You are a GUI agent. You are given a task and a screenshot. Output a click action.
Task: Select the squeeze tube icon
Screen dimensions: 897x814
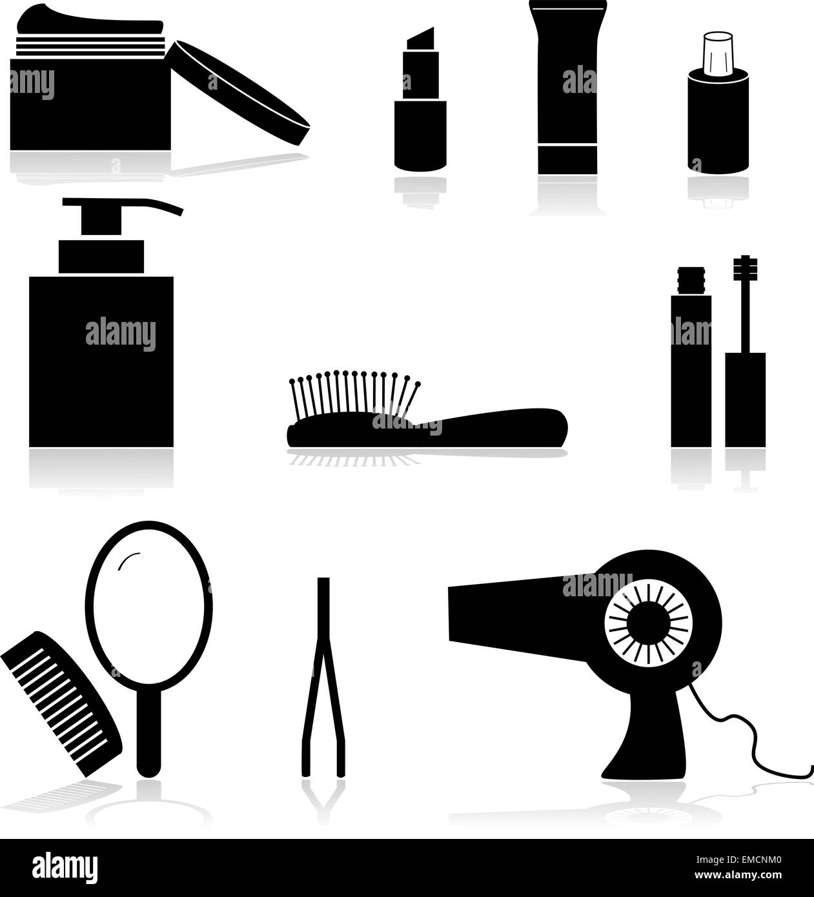pyautogui.click(x=567, y=90)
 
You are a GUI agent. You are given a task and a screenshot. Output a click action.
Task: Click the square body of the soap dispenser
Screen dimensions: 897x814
pyautogui.click(x=101, y=361)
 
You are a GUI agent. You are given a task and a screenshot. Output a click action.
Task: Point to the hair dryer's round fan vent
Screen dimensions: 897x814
pyautogui.click(x=648, y=621)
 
